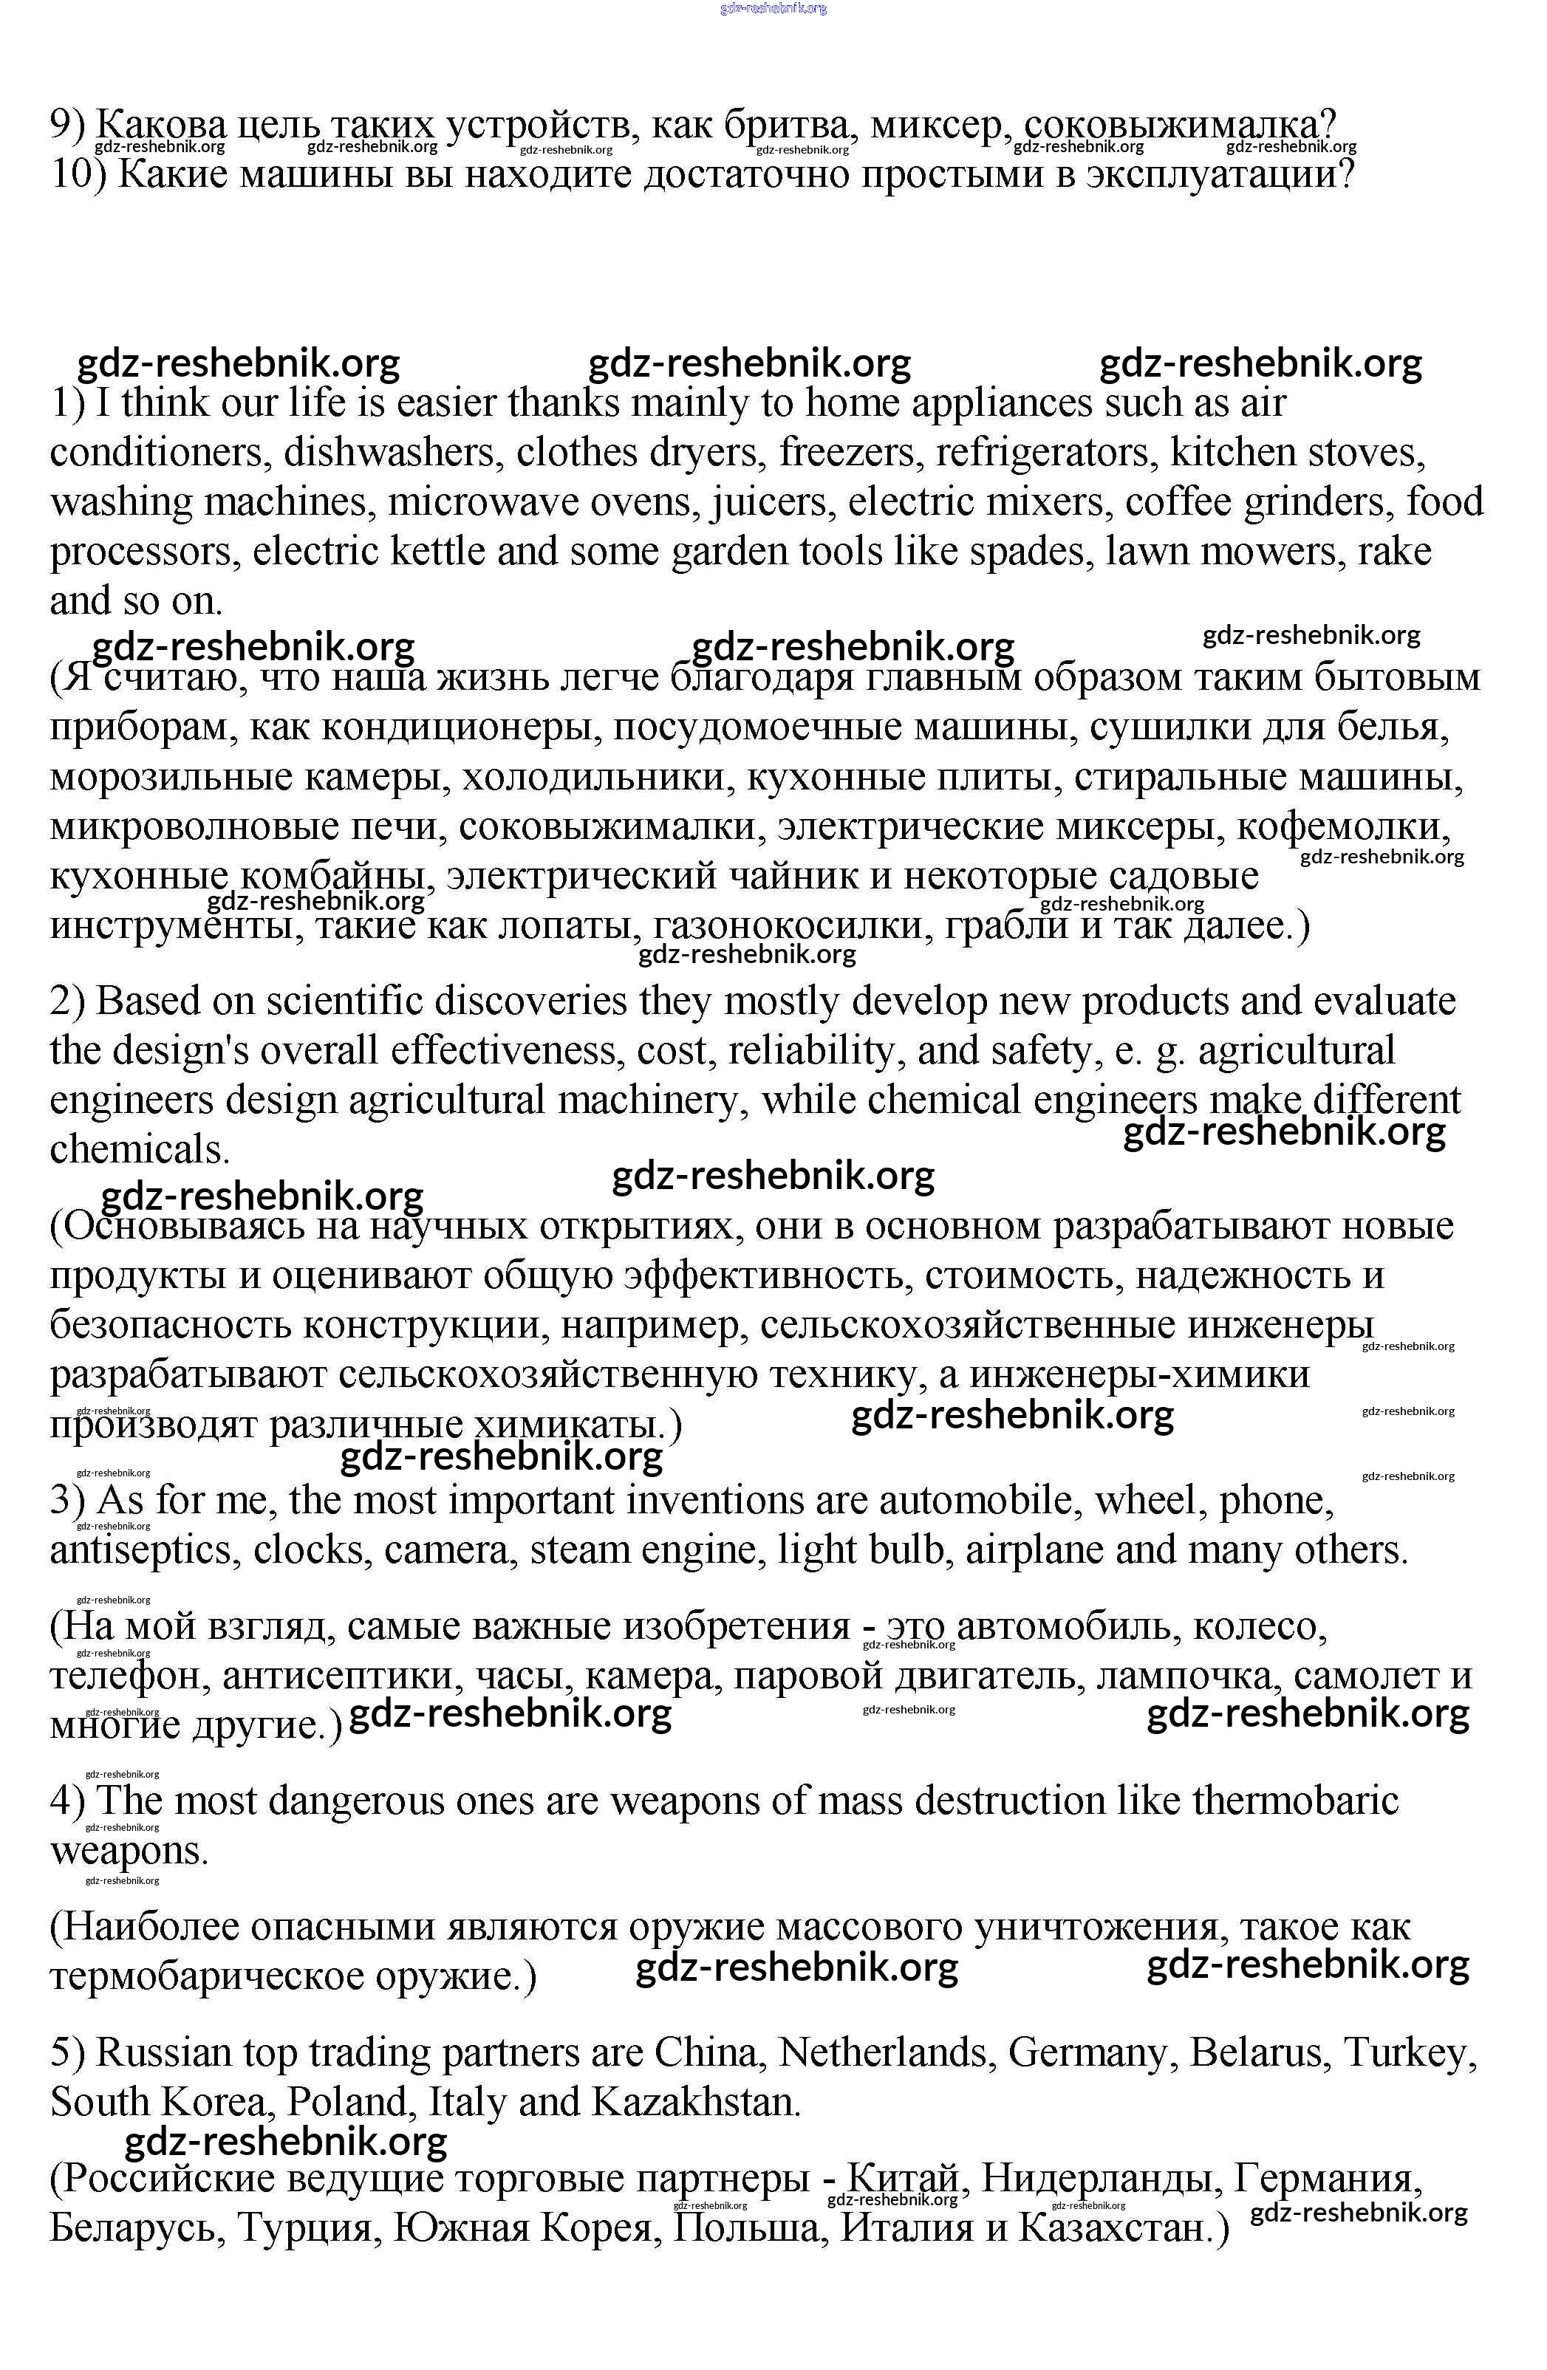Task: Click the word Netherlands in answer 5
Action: [886, 2053]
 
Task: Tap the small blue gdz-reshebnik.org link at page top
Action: [773, 9]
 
